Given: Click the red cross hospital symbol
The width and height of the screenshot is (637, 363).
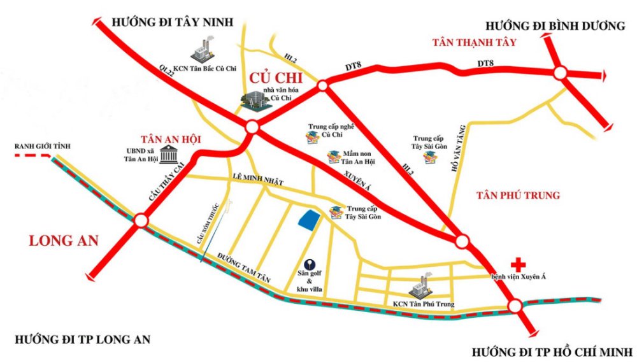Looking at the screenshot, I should (520, 263).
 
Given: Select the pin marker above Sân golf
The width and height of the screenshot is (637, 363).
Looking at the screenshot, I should (309, 262).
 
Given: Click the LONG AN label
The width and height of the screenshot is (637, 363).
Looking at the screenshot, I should (64, 241).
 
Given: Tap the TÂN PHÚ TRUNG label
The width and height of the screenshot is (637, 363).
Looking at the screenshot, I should (518, 196).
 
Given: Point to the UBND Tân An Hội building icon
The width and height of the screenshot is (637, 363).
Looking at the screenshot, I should (169, 153).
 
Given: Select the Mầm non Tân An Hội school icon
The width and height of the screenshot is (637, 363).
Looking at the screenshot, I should (333, 157).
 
